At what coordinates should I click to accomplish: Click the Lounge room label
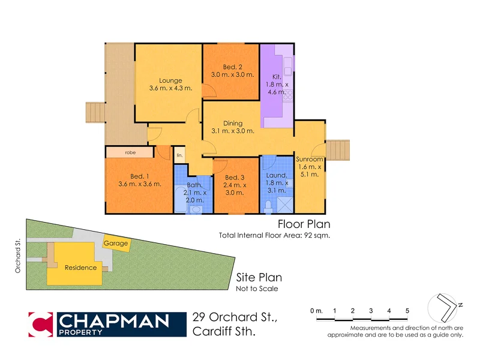tap(170, 80)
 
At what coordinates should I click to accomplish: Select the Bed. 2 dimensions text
tap(233, 75)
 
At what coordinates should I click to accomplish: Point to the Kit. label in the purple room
tap(277, 77)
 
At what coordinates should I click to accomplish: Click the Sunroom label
tap(309, 159)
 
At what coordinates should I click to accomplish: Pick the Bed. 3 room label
tap(235, 178)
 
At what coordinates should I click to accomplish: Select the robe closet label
tap(130, 153)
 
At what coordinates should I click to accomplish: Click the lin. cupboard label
tap(179, 156)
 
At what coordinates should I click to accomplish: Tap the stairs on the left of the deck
tap(95, 112)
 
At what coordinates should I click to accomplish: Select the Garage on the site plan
tap(116, 244)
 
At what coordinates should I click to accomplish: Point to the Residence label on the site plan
tap(80, 268)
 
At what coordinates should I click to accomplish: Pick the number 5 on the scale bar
tap(407, 310)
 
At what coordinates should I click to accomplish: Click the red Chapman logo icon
tap(41, 324)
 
